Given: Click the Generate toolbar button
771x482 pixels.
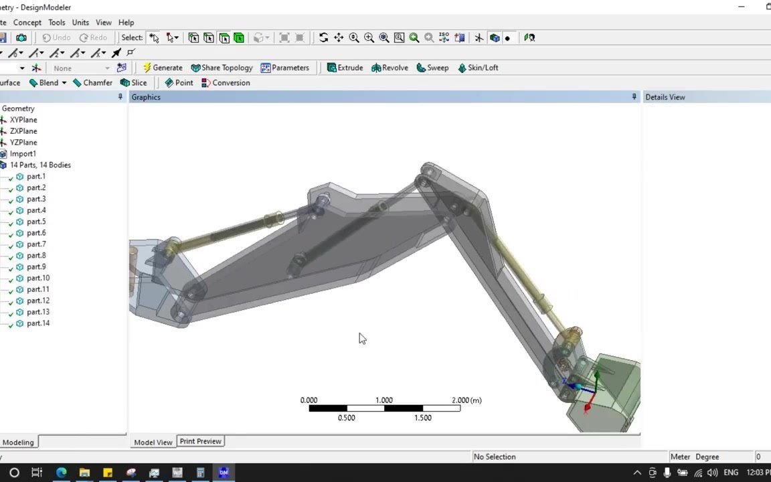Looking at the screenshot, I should pos(163,68).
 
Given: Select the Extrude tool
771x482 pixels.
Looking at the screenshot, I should pos(345,68).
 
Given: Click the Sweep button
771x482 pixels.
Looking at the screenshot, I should pos(432,68).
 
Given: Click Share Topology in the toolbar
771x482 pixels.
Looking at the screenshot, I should pos(222,68).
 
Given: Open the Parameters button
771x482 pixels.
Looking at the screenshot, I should pos(285,68).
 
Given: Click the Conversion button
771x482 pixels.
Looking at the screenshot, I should pos(226,83).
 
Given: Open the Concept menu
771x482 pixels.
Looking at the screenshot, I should pos(27,22).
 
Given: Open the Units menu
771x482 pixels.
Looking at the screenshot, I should pos(80,22).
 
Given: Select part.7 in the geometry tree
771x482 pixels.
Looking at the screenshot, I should pos(36,244).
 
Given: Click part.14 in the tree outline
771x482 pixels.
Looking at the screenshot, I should pos(38,323).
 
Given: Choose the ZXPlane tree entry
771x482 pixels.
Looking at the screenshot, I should pos(23,131).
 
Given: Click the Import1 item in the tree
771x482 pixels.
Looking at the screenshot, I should pos(23,154).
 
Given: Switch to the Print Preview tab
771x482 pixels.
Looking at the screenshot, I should pos(200,441).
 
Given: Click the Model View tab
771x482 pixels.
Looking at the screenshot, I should pos(153,442).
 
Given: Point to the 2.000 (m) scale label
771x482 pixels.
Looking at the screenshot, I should pos(466,400).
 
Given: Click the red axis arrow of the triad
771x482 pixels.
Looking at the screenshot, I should pos(588,405).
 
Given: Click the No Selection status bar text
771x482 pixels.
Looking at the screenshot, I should pos(495,457).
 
